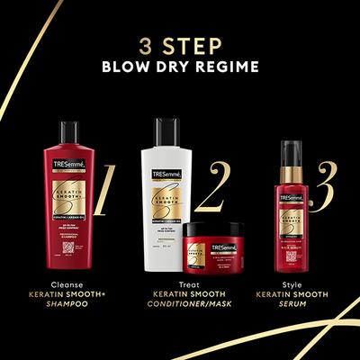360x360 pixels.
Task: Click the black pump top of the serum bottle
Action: [290, 148]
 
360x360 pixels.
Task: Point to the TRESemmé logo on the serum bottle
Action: [290, 196]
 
